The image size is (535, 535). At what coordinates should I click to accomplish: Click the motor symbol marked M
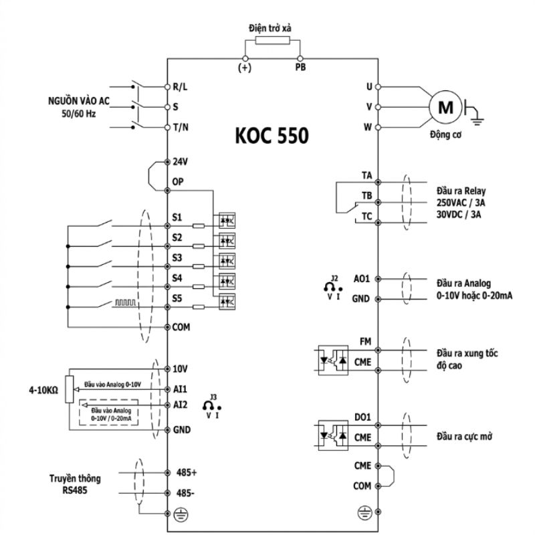click(445, 107)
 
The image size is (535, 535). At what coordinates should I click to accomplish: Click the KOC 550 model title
click(272, 135)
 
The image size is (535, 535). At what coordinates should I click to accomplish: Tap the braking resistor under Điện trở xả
click(273, 40)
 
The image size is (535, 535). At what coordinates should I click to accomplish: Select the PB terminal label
click(300, 68)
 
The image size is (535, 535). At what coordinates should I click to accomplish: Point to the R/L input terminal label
click(180, 87)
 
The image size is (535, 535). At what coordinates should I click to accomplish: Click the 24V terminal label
click(180, 162)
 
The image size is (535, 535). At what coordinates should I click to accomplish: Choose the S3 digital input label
click(177, 258)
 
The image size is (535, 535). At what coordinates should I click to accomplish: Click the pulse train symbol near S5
click(126, 302)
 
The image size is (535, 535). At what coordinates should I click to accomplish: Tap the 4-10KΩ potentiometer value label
click(43, 390)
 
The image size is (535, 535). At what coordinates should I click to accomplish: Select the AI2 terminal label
click(180, 405)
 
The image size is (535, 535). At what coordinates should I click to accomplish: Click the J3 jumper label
click(213, 397)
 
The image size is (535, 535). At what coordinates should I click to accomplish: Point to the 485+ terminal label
click(187, 473)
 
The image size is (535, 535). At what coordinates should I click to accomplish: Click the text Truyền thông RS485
click(75, 484)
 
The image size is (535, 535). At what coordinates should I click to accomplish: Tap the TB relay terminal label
click(366, 196)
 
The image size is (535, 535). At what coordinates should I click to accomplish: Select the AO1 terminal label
click(362, 279)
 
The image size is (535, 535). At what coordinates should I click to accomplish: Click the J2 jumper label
click(334, 278)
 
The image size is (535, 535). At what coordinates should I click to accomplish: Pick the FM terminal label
click(365, 342)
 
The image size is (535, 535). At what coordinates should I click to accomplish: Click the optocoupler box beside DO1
click(333, 435)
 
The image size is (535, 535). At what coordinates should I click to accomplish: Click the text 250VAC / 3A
click(461, 203)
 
